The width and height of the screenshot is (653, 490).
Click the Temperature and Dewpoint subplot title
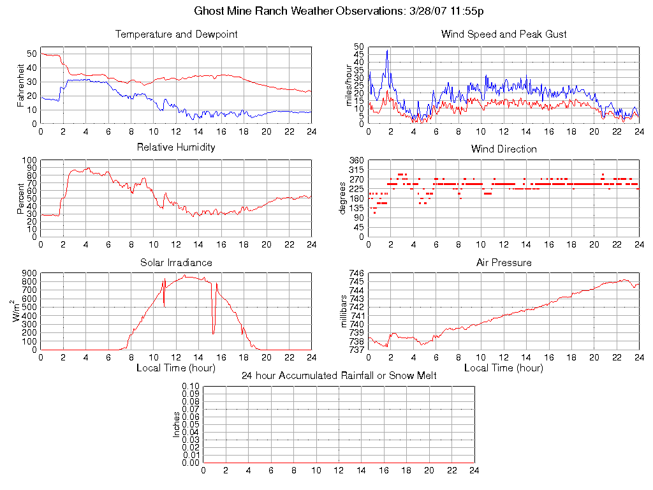pyautogui.click(x=176, y=34)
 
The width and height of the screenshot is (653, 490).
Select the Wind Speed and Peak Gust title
pyautogui.click(x=504, y=34)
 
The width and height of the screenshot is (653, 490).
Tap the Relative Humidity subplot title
pyautogui.click(x=176, y=147)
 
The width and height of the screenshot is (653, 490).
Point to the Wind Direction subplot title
pyautogui.click(x=504, y=149)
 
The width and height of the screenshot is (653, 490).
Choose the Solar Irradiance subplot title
pyautogui.click(x=176, y=263)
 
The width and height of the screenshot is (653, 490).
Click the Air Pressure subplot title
pyautogui.click(x=504, y=263)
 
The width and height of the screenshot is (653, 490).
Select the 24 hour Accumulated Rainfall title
pyautogui.click(x=339, y=376)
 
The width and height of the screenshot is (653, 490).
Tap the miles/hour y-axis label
pyautogui.click(x=348, y=85)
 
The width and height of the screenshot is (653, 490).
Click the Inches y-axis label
pyautogui.click(x=177, y=424)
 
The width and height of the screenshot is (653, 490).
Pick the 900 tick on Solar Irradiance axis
pyautogui.click(x=29, y=273)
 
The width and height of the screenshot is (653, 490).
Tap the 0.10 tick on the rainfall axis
pyautogui.click(x=191, y=387)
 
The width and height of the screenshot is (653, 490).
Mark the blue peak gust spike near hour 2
pyautogui.click(x=387, y=51)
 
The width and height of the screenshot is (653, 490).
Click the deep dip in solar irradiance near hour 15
pyautogui.click(x=214, y=332)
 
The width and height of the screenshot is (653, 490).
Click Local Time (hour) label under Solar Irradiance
pyautogui.click(x=176, y=368)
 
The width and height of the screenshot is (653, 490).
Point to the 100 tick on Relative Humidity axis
pyautogui.click(x=29, y=160)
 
